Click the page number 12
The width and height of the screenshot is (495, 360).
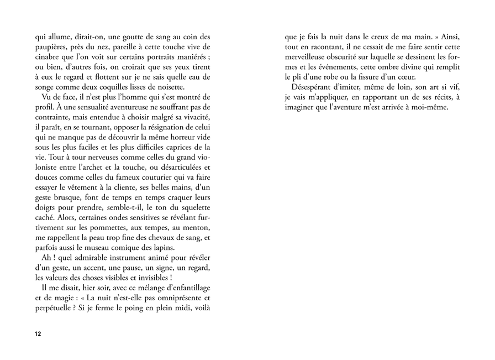38,335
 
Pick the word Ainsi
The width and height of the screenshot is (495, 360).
447,38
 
